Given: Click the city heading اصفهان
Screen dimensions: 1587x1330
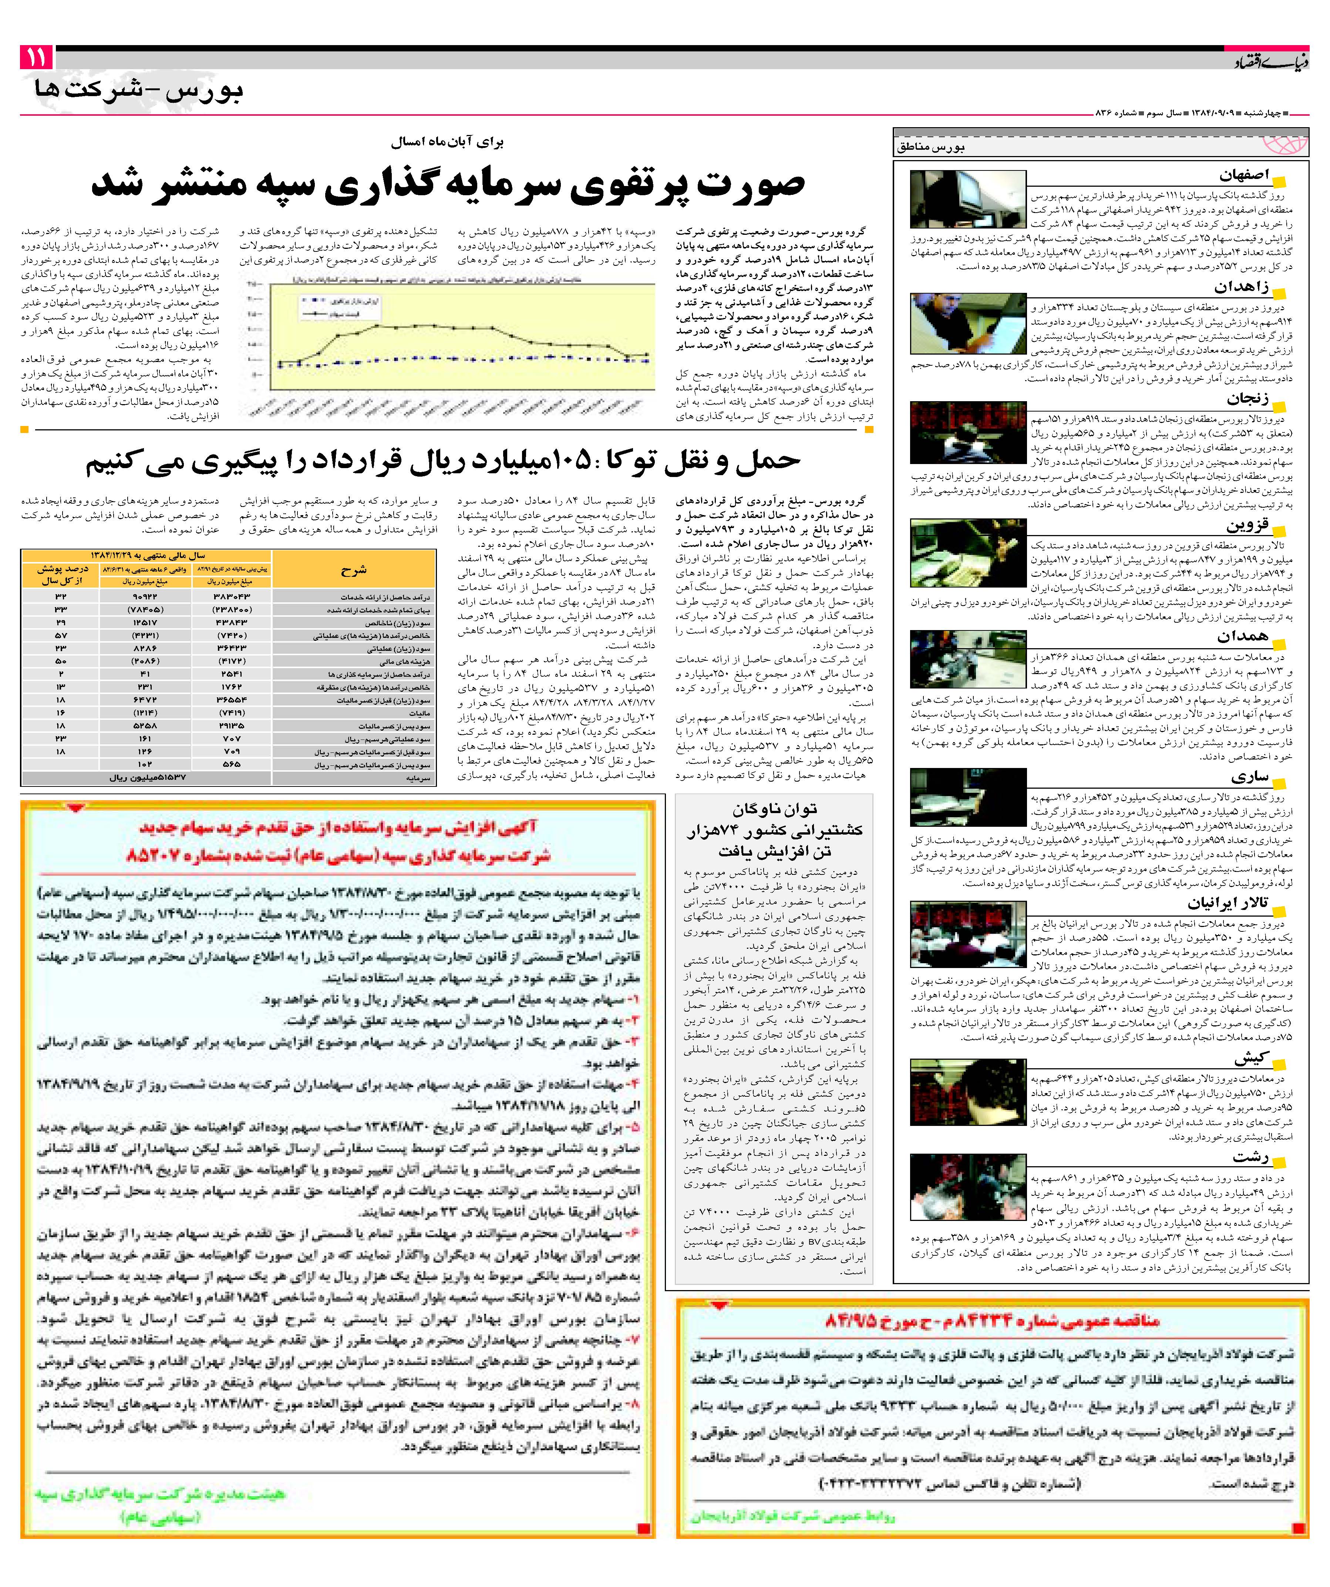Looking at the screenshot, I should coord(1243,175).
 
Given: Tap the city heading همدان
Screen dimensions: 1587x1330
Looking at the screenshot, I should coord(1244,636).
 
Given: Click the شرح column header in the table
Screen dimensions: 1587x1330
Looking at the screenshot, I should coord(353,571).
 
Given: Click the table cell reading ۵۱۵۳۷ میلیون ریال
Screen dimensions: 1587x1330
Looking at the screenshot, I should coord(148,777).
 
